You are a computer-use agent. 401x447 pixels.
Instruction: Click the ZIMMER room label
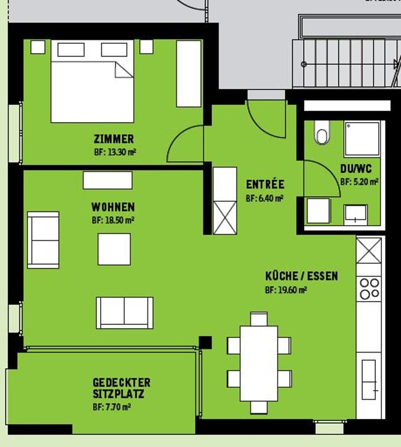114,139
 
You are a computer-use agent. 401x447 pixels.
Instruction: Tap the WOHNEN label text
113,207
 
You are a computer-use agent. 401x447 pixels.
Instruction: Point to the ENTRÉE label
265,184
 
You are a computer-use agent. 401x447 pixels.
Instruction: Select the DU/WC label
356,169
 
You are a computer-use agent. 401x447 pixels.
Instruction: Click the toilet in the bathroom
322,133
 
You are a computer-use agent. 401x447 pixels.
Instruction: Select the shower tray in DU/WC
362,139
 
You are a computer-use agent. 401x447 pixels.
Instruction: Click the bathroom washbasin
355,214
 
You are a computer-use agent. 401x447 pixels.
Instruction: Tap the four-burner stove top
369,288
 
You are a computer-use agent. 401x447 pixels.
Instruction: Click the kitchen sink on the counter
369,379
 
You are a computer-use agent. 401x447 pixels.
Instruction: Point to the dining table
259,364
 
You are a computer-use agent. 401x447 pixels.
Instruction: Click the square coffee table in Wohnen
114,249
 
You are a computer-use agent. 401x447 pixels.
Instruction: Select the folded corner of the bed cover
124,70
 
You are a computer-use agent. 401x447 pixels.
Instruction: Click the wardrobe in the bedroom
188,73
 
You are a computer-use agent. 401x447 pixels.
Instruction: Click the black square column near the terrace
205,343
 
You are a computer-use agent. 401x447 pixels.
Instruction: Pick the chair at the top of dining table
259,319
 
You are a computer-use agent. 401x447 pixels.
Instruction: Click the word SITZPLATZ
118,394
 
